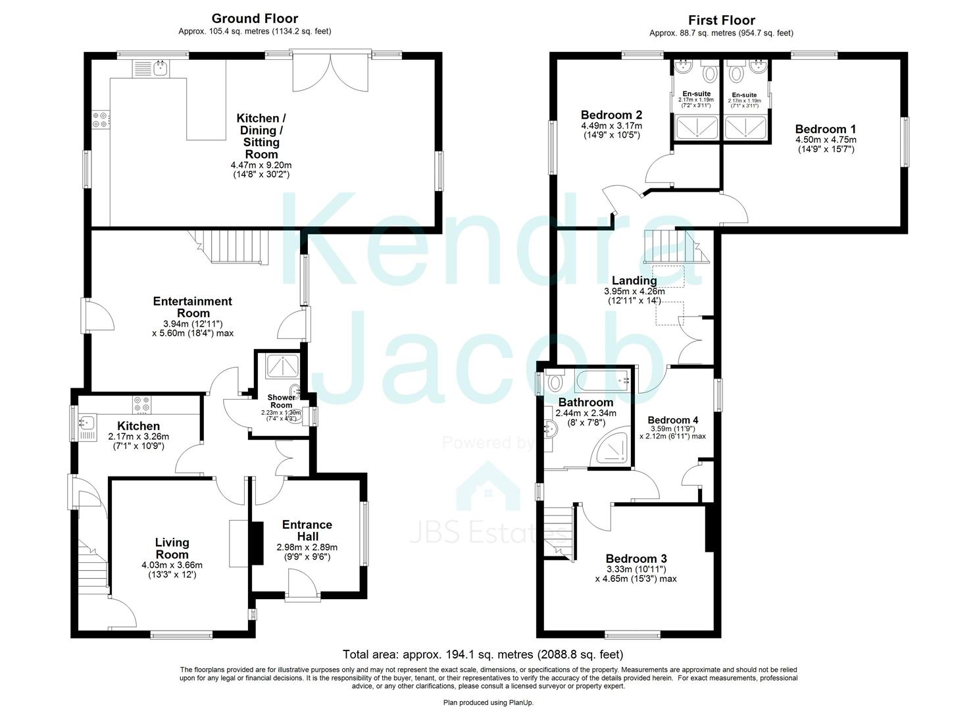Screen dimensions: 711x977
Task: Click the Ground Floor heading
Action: [x=255, y=18]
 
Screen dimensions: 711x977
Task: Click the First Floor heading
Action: [x=721, y=20]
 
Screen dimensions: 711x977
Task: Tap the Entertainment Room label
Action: [x=192, y=307]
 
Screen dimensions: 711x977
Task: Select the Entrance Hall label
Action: [x=307, y=531]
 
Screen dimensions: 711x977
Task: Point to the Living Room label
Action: [x=172, y=548]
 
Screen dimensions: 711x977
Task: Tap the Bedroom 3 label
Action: [x=636, y=559]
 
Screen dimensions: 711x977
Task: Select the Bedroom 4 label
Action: [x=672, y=420]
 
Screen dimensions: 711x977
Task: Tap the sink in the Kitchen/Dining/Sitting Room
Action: [x=159, y=66]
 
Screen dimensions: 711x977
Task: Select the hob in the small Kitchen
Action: [x=141, y=400]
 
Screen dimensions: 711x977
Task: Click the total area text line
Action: [x=482, y=654]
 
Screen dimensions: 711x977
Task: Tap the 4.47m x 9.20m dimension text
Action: [x=261, y=165]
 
